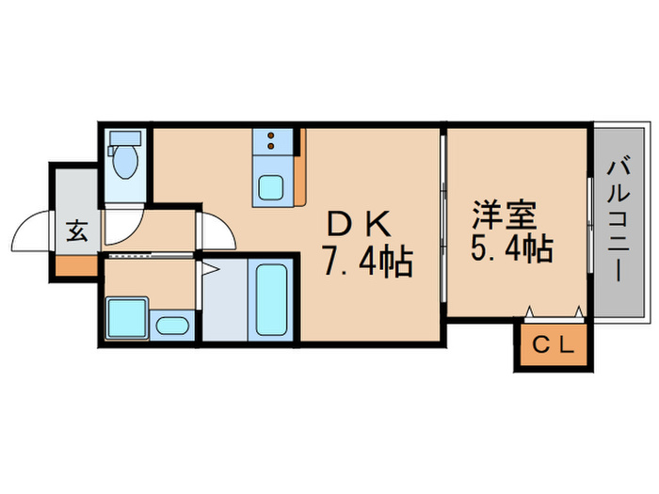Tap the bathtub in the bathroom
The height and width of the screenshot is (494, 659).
pos(272,298)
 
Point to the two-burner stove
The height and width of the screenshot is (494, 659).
pos(272,143)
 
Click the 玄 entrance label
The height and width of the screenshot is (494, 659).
pos(77,231)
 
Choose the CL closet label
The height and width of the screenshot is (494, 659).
pos(553,346)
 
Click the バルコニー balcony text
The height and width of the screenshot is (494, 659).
pos(619,221)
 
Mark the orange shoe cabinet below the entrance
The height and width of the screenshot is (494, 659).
pos(75,263)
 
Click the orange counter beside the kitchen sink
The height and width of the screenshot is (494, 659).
pos(300,169)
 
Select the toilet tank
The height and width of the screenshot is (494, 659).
pos(123,138)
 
